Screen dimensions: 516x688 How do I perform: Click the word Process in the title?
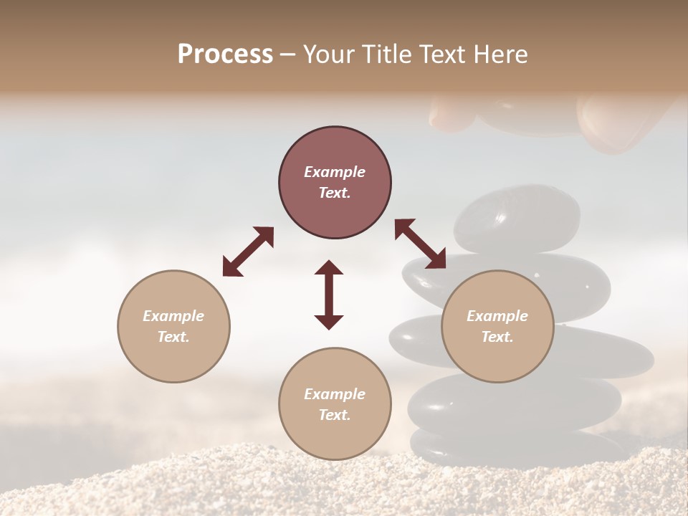pyautogui.click(x=225, y=54)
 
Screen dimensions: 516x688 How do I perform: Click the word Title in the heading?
pyautogui.click(x=383, y=54)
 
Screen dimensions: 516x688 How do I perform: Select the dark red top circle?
pyautogui.click(x=335, y=183)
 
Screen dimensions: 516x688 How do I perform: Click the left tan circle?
pyautogui.click(x=173, y=326)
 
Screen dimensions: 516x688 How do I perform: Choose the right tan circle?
pyautogui.click(x=497, y=326)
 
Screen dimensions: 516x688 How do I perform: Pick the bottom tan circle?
pyautogui.click(x=335, y=404)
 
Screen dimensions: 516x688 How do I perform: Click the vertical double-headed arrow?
pyautogui.click(x=329, y=295)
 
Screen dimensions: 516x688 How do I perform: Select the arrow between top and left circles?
pyautogui.click(x=248, y=252)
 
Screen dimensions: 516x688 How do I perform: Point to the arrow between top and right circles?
pyautogui.click(x=420, y=244)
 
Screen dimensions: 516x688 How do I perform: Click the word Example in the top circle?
pyautogui.click(x=335, y=172)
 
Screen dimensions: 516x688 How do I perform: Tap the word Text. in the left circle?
pyautogui.click(x=173, y=337)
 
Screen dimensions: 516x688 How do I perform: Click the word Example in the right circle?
pyautogui.click(x=497, y=316)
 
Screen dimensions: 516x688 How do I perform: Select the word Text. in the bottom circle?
pyautogui.click(x=335, y=415)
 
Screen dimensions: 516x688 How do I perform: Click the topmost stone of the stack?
pyautogui.click(x=516, y=217)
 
